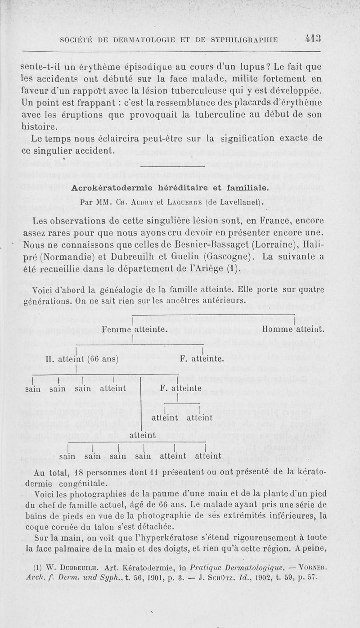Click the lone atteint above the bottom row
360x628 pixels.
pos(142,435)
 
